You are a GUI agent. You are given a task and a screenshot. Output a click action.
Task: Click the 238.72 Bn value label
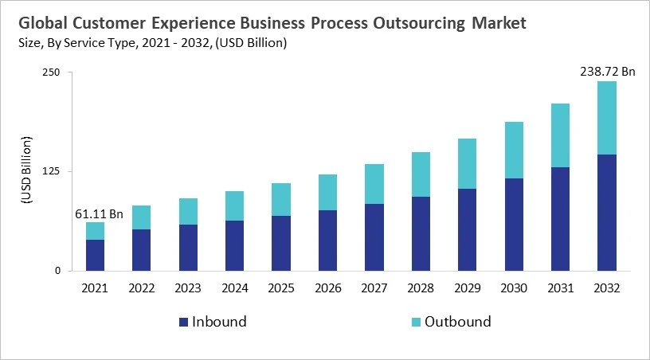[606, 72]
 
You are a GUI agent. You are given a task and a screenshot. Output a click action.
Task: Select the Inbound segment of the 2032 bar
[606, 212]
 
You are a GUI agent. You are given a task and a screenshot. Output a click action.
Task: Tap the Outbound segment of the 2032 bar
[606, 118]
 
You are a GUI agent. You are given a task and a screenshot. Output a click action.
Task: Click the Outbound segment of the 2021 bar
[96, 231]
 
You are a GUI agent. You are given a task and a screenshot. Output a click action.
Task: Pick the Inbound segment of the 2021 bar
[96, 255]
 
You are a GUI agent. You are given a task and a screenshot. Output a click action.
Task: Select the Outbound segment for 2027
[374, 184]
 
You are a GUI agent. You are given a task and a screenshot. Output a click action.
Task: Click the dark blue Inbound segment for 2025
[281, 243]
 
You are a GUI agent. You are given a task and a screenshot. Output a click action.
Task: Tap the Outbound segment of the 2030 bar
[514, 150]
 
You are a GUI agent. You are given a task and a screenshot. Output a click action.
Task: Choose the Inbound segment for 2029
[467, 229]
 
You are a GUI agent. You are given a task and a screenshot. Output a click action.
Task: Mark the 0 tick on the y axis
[57, 271]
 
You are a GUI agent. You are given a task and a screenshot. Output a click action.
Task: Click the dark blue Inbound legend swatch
[184, 323]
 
